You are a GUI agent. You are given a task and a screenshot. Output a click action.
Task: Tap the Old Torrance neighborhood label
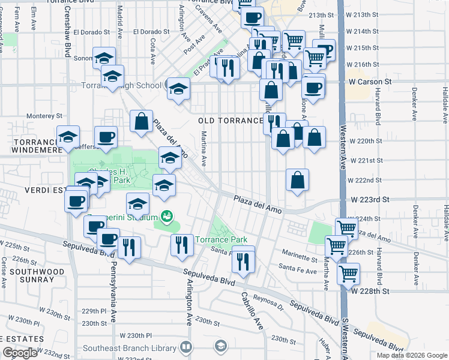(x=231, y=121)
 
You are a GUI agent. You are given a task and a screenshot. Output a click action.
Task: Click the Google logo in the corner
(x=20, y=353)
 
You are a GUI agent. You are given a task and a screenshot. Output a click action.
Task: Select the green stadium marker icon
(x=167, y=215)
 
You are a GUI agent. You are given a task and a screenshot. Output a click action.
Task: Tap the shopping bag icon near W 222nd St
(x=298, y=179)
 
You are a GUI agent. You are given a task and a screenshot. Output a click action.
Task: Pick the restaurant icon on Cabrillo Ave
(x=243, y=259)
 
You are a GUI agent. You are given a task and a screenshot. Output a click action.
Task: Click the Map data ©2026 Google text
(x=412, y=355)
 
